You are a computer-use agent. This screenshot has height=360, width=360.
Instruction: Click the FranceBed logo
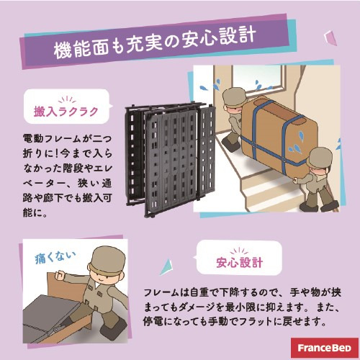point(325,348)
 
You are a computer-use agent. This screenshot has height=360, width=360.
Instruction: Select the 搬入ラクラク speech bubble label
point(66,112)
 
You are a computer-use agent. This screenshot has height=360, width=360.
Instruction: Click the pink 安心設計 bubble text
point(239,262)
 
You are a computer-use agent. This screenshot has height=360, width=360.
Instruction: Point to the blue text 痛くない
point(55,258)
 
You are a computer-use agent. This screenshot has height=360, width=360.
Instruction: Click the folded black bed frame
point(169,159)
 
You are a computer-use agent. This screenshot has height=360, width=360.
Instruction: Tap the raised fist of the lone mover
point(60,275)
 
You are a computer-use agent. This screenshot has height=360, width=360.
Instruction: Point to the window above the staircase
point(258,77)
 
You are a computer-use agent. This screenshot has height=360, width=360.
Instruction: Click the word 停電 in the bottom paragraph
point(153,322)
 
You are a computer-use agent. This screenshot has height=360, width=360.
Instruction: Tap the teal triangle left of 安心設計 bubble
point(167,267)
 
